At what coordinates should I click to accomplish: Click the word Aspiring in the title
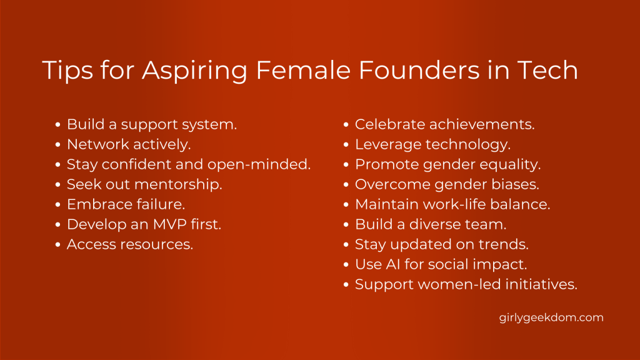tap(195, 71)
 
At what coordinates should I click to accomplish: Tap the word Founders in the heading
tap(419, 70)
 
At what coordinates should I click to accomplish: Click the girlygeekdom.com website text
tap(551, 318)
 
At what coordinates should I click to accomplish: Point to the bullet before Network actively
tap(58, 144)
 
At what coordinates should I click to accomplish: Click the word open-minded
tap(259, 164)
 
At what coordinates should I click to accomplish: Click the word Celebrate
tap(390, 124)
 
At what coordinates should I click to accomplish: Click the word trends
tap(504, 244)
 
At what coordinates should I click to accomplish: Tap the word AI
tap(393, 264)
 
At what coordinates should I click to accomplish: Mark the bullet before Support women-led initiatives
tap(346, 284)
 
